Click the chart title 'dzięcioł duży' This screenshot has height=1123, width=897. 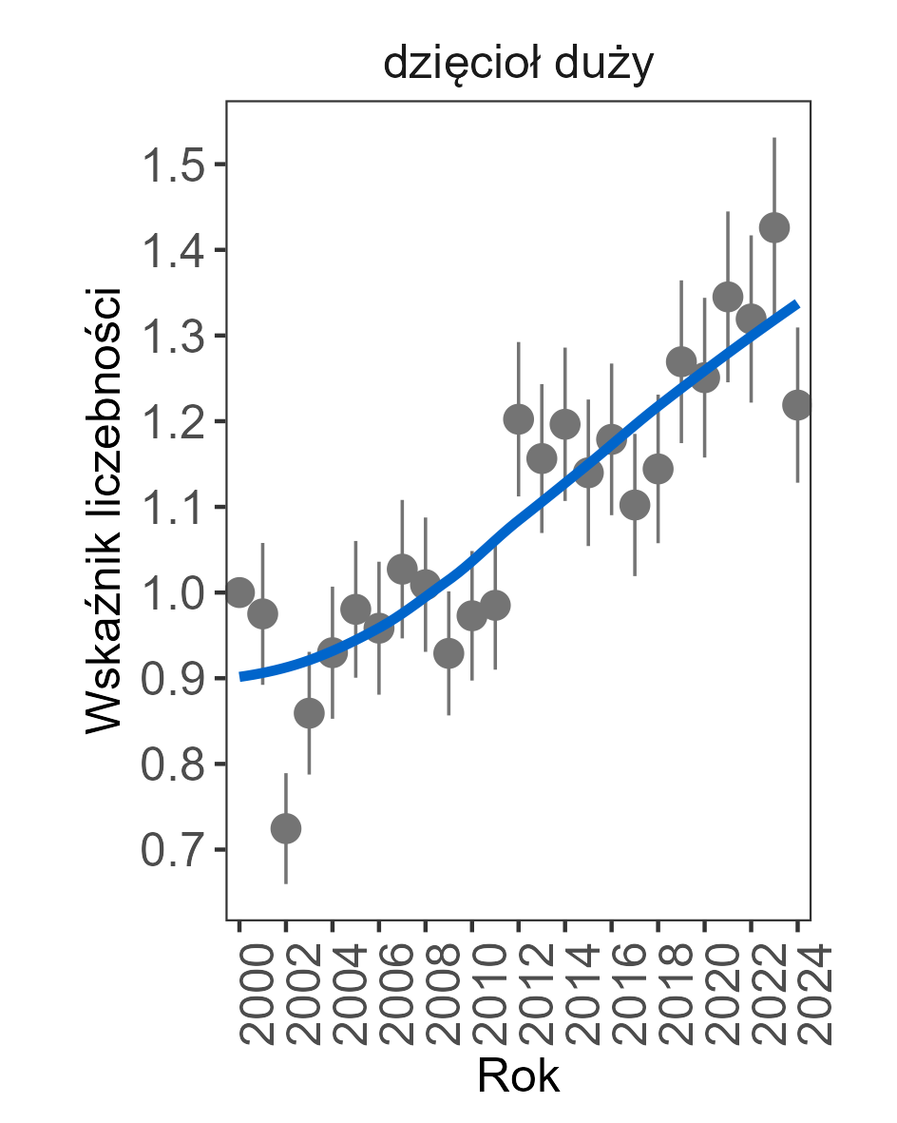coord(518,66)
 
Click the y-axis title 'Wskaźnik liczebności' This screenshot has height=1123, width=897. coord(105,509)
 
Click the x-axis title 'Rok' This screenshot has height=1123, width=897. coord(518,1076)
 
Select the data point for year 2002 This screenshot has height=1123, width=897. coord(286,829)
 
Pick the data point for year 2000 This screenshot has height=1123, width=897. coord(239,591)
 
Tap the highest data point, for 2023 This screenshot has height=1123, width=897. coord(774,227)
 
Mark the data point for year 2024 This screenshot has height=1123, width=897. coord(797,404)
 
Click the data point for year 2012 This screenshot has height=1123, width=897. coord(519,418)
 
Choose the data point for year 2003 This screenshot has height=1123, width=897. coord(309,713)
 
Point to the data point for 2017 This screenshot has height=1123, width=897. coord(635,505)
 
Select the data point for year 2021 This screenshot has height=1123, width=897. coord(728,297)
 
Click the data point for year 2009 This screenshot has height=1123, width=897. coord(448,653)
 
